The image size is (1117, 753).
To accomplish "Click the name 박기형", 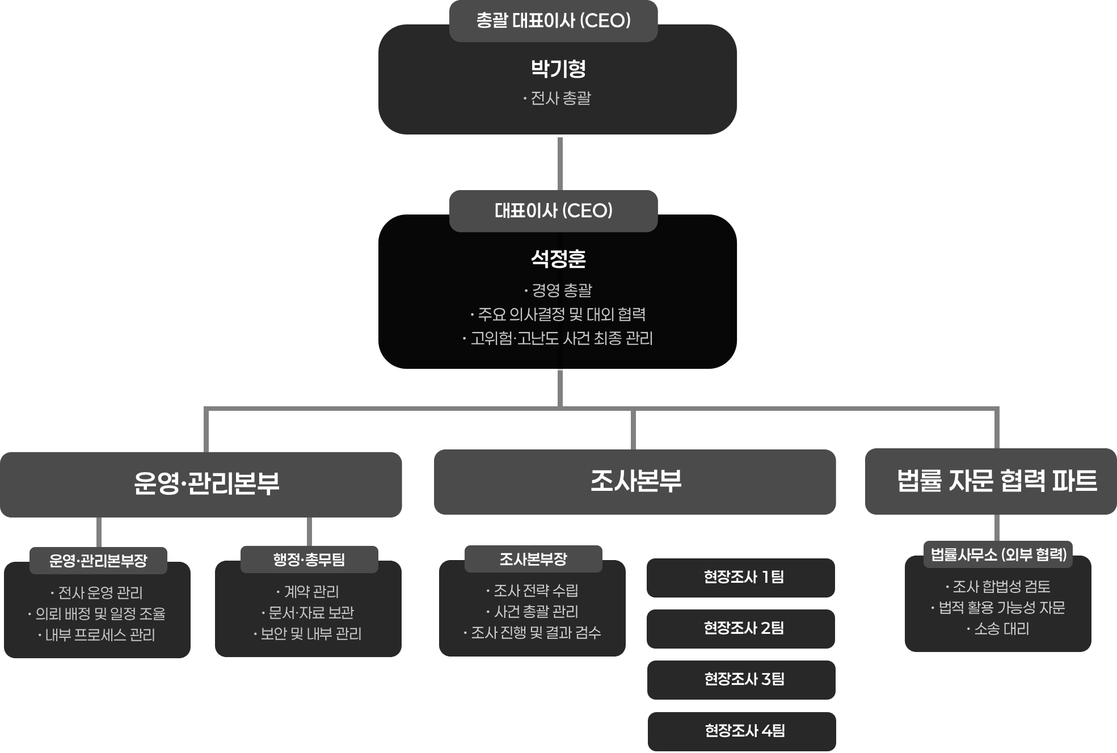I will tap(558, 69).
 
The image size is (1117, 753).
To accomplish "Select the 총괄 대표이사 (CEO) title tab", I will tap(553, 21).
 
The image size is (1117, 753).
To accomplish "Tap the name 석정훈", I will tap(558, 259).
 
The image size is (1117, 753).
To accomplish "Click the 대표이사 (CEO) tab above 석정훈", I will tap(553, 211).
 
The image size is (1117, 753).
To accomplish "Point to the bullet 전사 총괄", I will tap(558, 99).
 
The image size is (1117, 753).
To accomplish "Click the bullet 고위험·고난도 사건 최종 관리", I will tap(558, 339).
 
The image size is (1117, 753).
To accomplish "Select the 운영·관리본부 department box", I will tap(201, 484).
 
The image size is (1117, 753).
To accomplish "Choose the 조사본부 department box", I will tap(635, 482).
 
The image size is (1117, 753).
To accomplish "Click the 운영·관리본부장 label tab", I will tap(98, 561).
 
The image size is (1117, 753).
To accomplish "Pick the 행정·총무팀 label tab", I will tap(309, 560).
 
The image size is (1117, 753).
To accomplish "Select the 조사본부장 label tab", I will tap(533, 559).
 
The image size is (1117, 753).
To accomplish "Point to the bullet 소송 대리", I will tap(998, 629).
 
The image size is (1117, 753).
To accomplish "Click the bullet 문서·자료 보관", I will tap(308, 613).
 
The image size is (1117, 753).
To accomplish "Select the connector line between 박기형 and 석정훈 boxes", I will tap(560, 163).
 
